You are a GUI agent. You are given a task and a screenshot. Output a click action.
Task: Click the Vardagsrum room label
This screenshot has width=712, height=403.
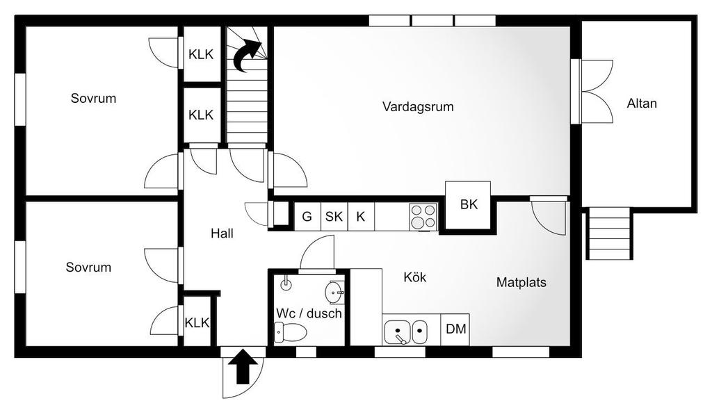[x=418, y=107]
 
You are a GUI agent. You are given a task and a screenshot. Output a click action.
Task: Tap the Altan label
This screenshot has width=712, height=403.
[x=642, y=104]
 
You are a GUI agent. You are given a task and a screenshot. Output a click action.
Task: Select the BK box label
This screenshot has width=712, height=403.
[x=469, y=204]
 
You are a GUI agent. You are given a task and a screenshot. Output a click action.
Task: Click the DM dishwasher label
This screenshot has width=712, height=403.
[x=456, y=329]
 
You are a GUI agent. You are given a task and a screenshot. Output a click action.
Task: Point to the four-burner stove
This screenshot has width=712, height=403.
[x=423, y=216]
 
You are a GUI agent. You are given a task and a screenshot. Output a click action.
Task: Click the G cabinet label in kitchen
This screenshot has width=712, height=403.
[x=307, y=217]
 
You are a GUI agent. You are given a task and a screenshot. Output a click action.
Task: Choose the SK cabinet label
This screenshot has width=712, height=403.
[x=334, y=217]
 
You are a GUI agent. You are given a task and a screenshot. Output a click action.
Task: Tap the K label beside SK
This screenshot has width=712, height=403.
[x=360, y=217]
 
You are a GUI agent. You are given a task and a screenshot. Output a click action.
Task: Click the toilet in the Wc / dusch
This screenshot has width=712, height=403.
[x=291, y=333]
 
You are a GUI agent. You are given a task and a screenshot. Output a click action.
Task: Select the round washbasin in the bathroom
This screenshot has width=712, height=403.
[x=334, y=291]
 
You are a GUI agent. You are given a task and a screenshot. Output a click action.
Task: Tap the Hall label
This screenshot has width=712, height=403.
[x=222, y=234]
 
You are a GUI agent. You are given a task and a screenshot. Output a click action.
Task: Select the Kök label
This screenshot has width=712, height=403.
[x=415, y=277]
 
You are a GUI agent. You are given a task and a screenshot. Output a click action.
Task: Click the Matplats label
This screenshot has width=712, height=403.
[x=521, y=283]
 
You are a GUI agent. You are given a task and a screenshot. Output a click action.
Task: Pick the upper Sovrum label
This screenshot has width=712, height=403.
[x=93, y=99]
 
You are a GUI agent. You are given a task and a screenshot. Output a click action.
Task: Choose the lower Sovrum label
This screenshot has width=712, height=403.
[x=88, y=268]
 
